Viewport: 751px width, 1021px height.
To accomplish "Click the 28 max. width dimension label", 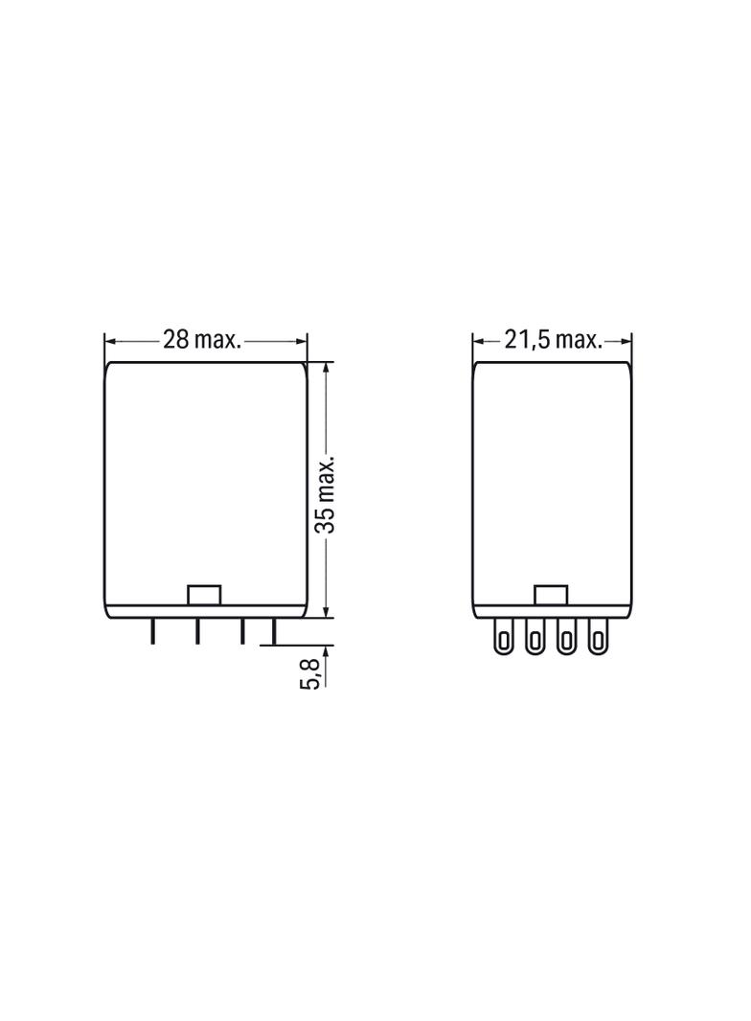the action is pos(202,339).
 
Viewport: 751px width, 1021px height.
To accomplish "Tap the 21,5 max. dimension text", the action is pos(553,339).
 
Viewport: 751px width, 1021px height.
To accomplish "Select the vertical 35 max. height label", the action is pos(325,493).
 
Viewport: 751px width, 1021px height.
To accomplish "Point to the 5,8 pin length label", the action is pos(311,672).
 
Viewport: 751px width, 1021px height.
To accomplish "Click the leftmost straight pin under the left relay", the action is pos(152,631).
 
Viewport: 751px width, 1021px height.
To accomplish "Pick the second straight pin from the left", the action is pos(196,631).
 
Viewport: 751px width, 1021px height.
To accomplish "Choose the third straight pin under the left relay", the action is pos(242,631).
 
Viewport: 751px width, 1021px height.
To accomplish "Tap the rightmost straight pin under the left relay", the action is pos(274,631).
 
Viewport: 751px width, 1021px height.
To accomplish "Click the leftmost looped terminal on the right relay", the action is pos(503,636).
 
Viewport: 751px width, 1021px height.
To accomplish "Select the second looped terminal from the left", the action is pos(535,636).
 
